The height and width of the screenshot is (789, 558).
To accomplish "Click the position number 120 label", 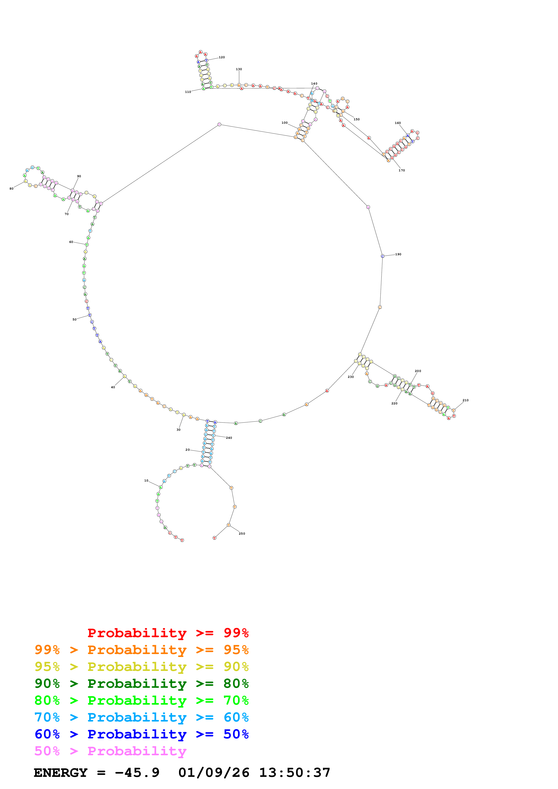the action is click(222, 57).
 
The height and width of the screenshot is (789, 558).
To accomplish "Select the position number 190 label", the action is click(398, 254).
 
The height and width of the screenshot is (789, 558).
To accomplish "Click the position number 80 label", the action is click(11, 189).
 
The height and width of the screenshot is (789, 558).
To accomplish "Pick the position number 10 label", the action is click(146, 480).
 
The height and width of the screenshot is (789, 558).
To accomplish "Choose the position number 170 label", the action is click(402, 170).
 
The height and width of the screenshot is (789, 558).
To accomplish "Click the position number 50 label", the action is click(74, 320).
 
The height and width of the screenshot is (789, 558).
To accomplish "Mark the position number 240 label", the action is click(229, 438).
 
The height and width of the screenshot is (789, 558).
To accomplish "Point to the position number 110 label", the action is click(188, 92).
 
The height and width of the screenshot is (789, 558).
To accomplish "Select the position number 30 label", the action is click(178, 430).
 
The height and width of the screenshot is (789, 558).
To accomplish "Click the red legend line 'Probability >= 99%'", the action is click(168, 633).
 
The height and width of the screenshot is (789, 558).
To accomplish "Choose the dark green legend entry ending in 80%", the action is click(141, 684).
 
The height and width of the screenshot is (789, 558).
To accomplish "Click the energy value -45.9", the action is click(137, 773).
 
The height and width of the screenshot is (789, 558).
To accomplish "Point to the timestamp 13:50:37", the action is click(295, 773).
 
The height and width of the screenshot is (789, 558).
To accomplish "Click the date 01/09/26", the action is click(214, 773).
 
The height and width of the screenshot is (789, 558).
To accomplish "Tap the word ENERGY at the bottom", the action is click(61, 773).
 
